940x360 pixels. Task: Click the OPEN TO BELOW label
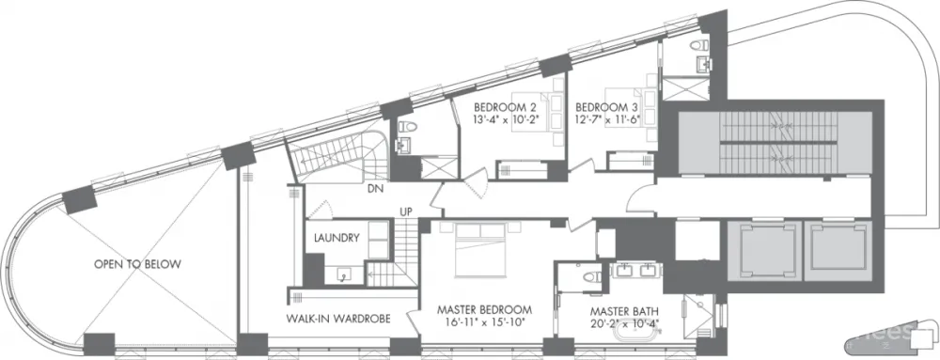[x=137, y=264]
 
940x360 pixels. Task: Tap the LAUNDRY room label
[x=337, y=238]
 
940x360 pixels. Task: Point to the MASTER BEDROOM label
[x=484, y=310]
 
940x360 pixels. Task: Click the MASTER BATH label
[x=625, y=311]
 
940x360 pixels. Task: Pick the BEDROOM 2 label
[x=505, y=107]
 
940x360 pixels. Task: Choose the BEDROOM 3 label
[x=606, y=107]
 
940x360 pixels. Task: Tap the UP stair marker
[x=407, y=212]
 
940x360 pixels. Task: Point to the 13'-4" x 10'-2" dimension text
[x=505, y=119]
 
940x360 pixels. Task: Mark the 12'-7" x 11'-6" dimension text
[x=606, y=119]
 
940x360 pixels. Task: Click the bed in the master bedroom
[x=480, y=249]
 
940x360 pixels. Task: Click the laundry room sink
[x=343, y=275]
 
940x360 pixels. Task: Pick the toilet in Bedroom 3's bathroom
[x=697, y=45]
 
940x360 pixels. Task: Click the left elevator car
[x=764, y=250]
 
